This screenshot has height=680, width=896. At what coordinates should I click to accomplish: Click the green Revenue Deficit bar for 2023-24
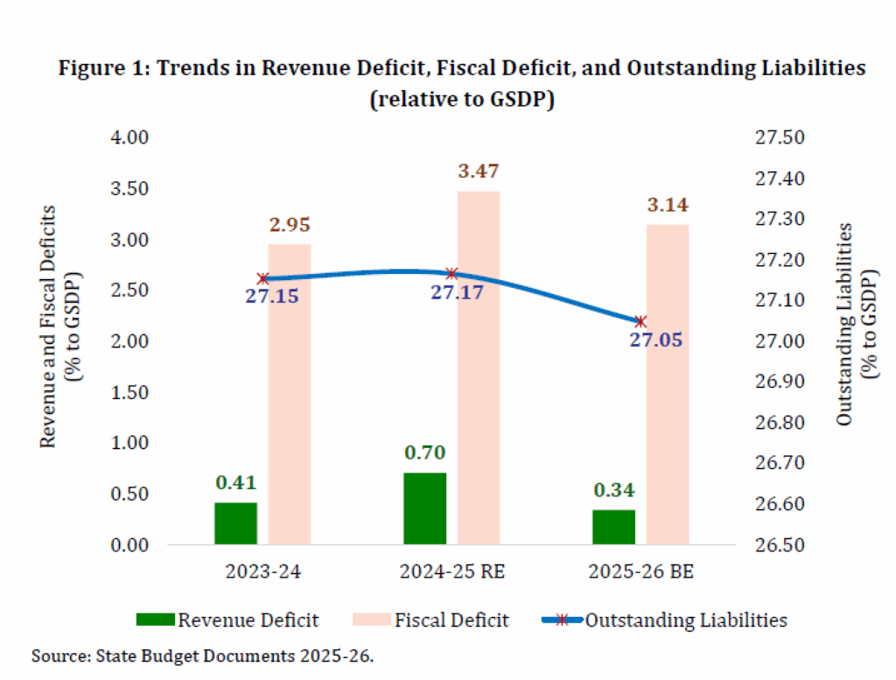pos(235,523)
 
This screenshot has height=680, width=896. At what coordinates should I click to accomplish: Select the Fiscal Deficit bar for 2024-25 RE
pos(479,368)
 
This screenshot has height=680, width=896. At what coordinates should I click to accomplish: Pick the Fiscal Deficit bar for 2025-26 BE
pos(668,385)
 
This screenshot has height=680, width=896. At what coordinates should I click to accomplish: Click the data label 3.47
pos(479,172)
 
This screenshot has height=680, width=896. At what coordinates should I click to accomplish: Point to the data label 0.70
pos(425,453)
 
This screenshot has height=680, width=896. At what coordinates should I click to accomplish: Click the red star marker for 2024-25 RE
pos(451,274)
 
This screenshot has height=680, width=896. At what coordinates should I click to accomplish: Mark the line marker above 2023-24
pos(262,278)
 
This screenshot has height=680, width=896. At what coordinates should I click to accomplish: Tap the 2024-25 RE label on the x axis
pos(451,573)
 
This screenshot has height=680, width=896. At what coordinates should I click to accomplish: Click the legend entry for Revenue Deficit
pos(227,620)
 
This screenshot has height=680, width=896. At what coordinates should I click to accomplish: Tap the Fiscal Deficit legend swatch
pos(368,620)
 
